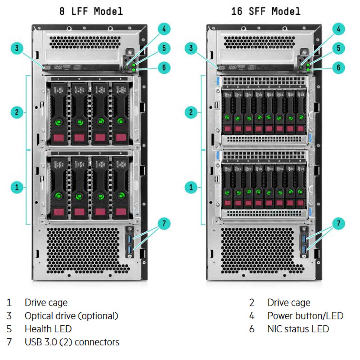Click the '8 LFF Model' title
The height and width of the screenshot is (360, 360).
point(91,11)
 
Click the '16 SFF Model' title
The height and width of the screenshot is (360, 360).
point(266,11)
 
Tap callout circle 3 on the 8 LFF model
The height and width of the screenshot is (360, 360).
point(17,49)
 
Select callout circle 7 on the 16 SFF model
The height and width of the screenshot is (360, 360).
point(338,223)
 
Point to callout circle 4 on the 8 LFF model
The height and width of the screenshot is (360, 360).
point(164,29)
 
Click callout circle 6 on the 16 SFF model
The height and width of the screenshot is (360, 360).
point(338,68)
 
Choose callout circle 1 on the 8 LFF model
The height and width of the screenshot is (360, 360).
point(17,187)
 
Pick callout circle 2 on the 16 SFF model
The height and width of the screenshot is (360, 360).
point(191,112)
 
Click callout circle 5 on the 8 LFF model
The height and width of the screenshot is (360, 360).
point(164,48)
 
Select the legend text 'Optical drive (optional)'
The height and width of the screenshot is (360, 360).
point(71,316)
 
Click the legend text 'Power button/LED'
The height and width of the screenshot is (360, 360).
point(305,316)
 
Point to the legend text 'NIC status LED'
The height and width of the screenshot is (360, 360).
point(298,329)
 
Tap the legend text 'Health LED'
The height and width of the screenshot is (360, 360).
point(48,329)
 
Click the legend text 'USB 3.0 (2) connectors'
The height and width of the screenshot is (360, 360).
point(72,342)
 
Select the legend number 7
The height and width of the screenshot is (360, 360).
point(9,342)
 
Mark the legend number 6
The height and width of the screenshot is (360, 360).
point(252,329)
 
